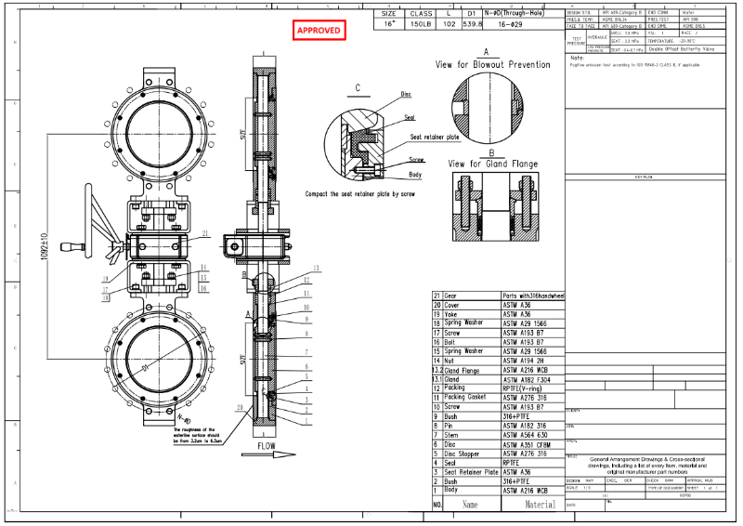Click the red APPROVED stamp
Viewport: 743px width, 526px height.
319,30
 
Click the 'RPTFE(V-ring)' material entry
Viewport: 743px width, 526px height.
525,388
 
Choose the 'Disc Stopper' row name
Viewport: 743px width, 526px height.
461,454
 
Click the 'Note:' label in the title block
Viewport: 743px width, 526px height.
577,57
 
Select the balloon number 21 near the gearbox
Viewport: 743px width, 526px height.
204,233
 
